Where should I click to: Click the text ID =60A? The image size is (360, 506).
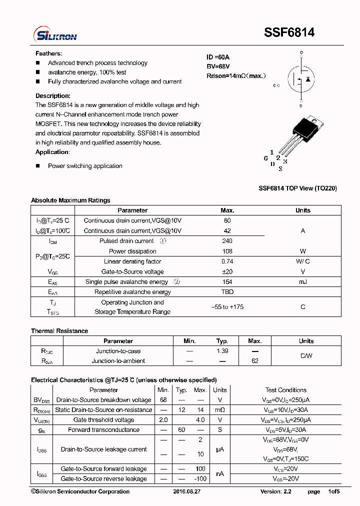[218, 57]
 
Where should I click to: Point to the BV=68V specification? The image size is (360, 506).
[218, 66]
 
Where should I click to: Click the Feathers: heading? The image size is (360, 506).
[48, 53]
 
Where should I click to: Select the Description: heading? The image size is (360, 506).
[52, 96]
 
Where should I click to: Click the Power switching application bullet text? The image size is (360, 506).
[85, 166]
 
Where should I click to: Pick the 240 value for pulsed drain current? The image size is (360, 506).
[227, 241]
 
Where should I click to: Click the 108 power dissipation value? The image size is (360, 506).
[227, 251]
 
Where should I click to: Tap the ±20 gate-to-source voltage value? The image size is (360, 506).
[227, 272]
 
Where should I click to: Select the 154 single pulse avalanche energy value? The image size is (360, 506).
[227, 282]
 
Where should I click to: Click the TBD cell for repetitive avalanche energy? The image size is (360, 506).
[227, 292]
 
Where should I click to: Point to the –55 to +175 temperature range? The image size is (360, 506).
[227, 307]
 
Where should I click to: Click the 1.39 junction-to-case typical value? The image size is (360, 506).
[222, 351]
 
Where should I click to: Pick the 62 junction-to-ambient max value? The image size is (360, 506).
[254, 361]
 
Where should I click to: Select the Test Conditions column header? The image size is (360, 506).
[285, 390]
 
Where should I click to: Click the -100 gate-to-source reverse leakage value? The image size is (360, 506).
[200, 479]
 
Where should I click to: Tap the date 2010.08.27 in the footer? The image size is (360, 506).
[186, 492]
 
